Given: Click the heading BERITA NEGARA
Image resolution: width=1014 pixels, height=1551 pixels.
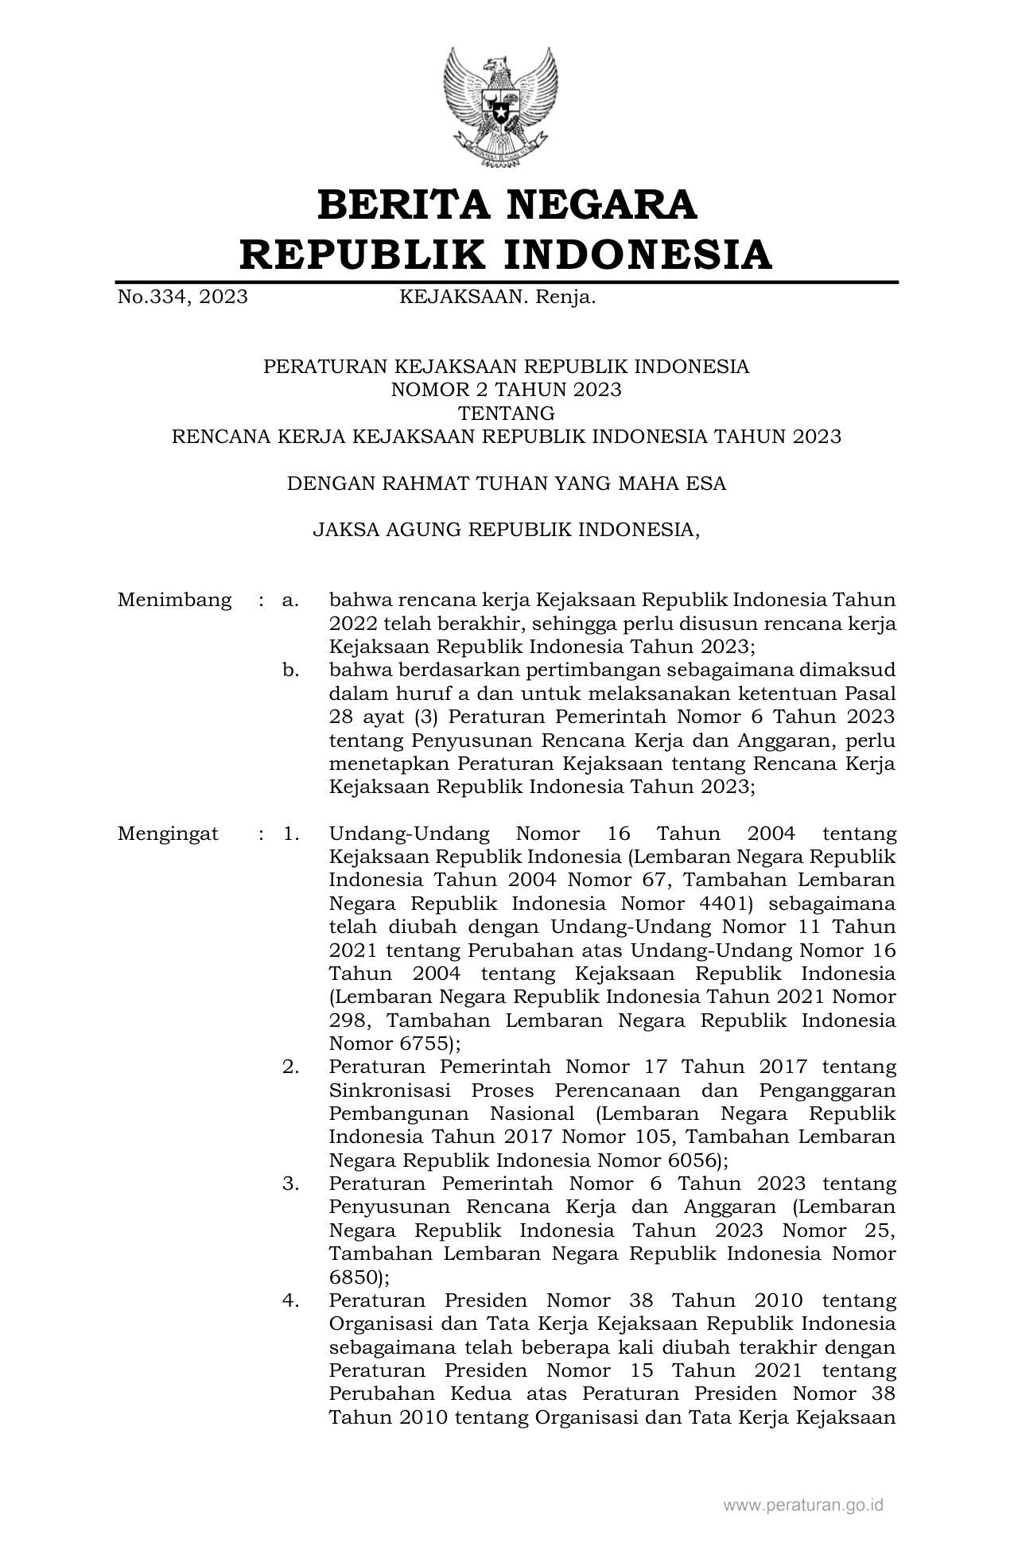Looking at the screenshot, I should click(x=507, y=204).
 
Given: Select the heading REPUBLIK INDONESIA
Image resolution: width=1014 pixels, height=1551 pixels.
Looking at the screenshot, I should click(x=507, y=255).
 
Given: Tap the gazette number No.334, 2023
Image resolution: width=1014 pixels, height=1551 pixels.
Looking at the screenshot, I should click(x=182, y=297).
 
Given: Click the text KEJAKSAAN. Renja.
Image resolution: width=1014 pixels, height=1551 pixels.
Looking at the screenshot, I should click(x=497, y=297).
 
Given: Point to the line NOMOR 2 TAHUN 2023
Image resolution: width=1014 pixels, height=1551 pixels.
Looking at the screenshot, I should click(x=506, y=390).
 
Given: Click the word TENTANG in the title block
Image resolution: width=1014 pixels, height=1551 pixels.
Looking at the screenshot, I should click(x=506, y=413).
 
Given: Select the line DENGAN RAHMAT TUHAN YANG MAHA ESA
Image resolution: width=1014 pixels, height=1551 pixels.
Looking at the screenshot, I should click(x=506, y=483).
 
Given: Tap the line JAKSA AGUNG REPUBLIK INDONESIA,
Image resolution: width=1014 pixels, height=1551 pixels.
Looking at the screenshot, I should click(x=506, y=529).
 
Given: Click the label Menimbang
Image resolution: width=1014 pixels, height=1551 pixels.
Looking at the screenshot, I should click(x=174, y=600).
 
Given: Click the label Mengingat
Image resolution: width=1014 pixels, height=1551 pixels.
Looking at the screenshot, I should click(x=168, y=834).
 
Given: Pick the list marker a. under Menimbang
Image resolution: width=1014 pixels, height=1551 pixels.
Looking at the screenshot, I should click(x=290, y=600).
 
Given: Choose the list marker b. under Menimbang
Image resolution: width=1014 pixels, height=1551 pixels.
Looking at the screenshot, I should click(x=290, y=670).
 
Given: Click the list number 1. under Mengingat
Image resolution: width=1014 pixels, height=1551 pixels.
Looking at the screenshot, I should click(x=290, y=834).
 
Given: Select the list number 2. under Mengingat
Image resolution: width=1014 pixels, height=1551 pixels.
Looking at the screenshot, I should click(x=290, y=1067).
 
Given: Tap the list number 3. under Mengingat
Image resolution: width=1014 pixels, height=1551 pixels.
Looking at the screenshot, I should click(x=290, y=1184).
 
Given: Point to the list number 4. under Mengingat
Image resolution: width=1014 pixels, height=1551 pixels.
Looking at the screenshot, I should click(x=290, y=1300).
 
